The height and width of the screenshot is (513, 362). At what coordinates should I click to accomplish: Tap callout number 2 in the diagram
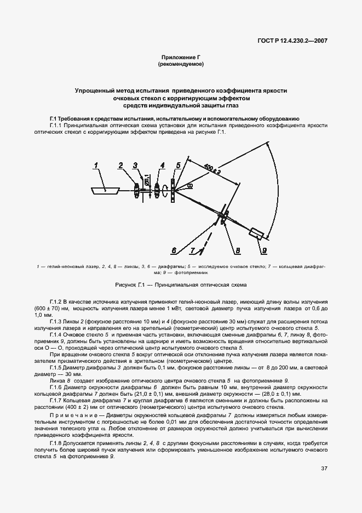120,165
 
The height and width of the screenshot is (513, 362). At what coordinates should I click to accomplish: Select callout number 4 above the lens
163,165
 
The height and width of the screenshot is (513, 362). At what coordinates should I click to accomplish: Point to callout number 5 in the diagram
178,165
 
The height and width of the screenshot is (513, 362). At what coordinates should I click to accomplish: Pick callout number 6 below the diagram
174,251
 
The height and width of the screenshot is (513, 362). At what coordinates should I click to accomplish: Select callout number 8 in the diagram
237,251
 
